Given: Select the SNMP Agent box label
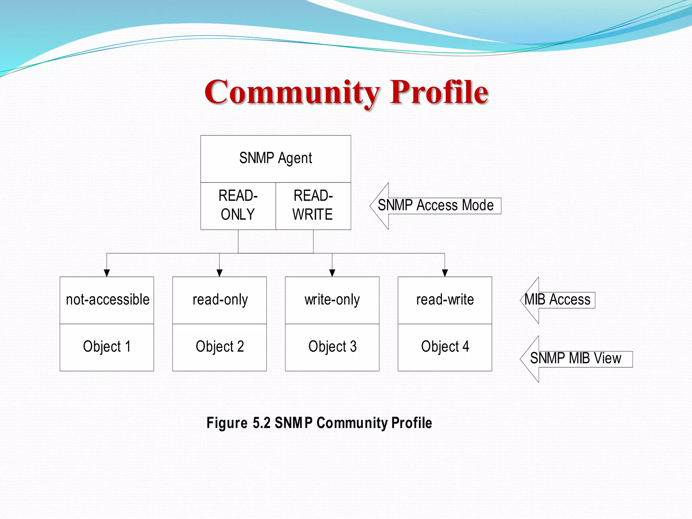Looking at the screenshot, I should coord(275,158).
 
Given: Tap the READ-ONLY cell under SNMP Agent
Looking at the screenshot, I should coord(238,205).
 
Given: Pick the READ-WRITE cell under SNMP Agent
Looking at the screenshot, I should coord(313,205).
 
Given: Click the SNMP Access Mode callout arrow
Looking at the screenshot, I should coord(435,205).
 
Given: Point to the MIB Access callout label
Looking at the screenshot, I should coord(558,300).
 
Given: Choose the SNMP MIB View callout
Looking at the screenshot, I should coord(575,359).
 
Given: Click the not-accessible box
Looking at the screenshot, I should coord(107,300).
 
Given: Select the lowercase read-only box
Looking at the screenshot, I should coord(220,300).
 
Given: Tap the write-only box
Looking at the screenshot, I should coord(332,300).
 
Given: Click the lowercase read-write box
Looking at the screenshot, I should coord(445,300).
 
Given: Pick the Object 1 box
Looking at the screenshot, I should coord(107,347).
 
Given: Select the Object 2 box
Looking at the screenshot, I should coord(220,347).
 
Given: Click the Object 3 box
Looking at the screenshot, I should coord(332,347).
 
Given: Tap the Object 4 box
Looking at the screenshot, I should coord(445,347).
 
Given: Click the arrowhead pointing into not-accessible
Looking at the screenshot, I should coord(107,273).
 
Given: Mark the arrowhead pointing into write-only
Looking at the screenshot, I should coord(332,273).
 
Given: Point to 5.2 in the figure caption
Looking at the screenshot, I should coord(262,423).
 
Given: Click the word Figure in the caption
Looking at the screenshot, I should coord(227,423).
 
